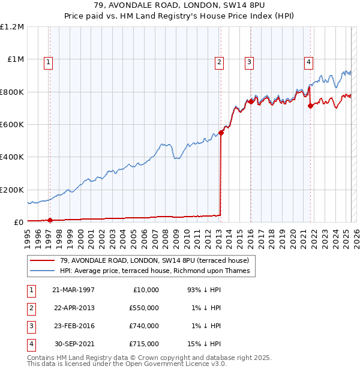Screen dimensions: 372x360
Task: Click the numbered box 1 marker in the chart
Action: click(x=47, y=61)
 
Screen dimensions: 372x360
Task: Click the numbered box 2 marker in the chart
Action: click(x=220, y=61)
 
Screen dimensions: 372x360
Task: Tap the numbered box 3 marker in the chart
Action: click(x=249, y=61)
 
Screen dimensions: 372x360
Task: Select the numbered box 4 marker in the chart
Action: click(x=308, y=61)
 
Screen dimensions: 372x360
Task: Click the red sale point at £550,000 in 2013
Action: click(x=221, y=133)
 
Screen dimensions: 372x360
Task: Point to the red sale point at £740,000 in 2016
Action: click(x=250, y=102)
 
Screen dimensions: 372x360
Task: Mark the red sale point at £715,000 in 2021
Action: click(x=310, y=106)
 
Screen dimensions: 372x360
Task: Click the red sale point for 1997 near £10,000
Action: click(x=50, y=220)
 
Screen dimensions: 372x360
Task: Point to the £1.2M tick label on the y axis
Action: click(x=12, y=27)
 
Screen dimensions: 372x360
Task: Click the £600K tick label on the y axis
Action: click(x=12, y=125)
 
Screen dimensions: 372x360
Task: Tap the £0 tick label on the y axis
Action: click(x=18, y=222)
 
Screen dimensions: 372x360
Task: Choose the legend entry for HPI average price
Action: click(x=158, y=271)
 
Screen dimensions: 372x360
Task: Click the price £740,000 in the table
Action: click(x=144, y=326)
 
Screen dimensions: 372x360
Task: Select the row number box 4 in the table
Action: click(x=31, y=344)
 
